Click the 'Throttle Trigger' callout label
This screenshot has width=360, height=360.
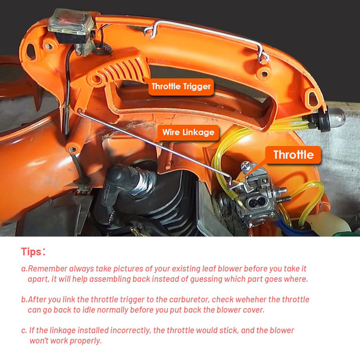pos(181,87)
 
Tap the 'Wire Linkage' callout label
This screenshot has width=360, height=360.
pos(188,133)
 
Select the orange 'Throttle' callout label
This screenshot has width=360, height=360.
pos(293,155)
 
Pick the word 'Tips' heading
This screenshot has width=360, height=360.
pos(31,252)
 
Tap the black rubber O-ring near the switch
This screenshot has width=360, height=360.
pos(102,49)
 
